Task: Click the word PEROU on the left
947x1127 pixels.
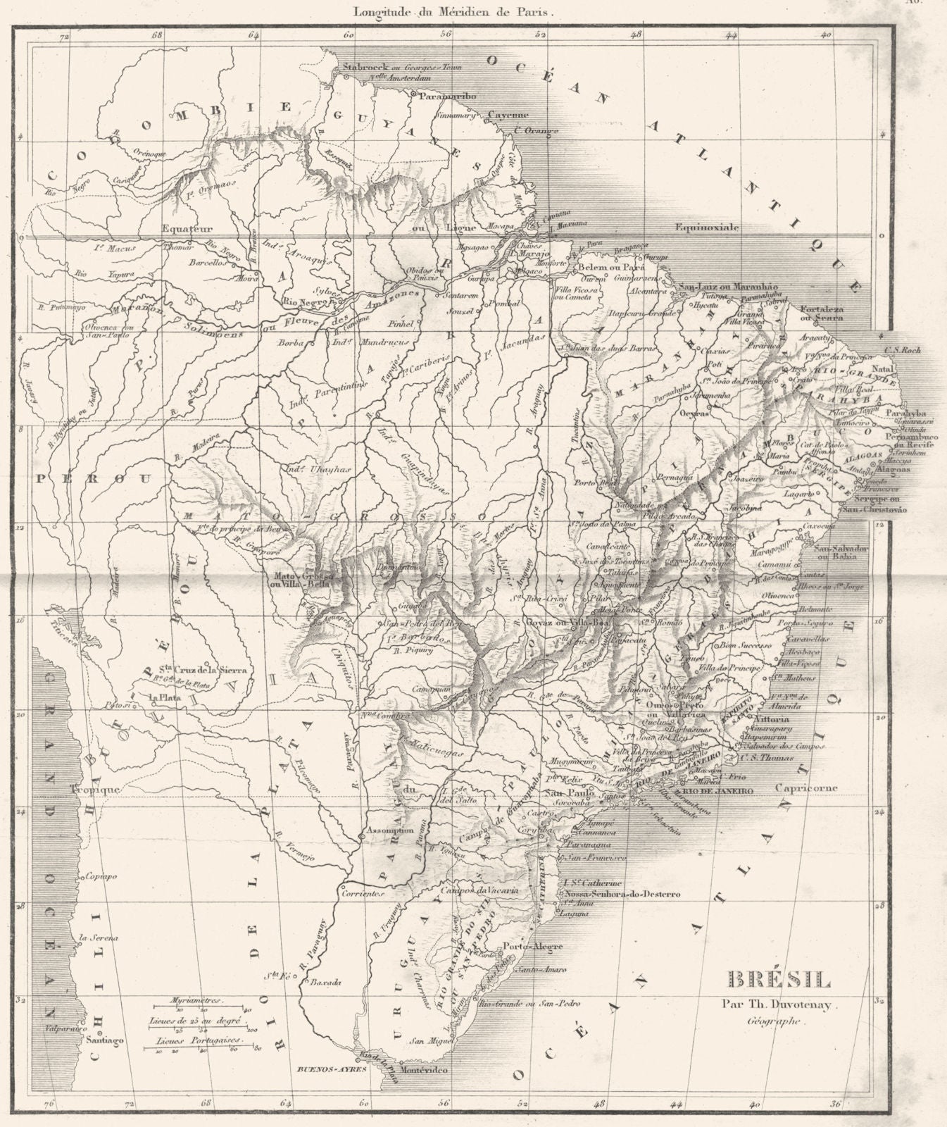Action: click(x=73, y=477)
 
